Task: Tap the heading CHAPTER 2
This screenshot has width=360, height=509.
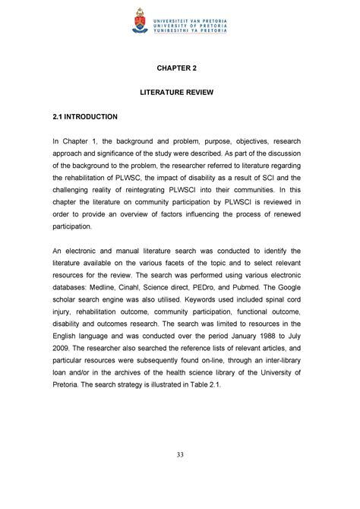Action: (x=179, y=67)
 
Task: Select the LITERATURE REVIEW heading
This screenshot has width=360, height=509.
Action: (x=179, y=92)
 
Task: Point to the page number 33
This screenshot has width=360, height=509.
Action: (x=179, y=476)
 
